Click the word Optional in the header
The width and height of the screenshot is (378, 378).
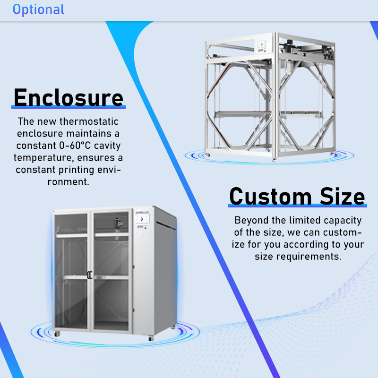coord(38,9)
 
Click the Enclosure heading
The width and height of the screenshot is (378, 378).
coord(69,97)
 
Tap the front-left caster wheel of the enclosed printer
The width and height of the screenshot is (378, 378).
coord(58,334)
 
